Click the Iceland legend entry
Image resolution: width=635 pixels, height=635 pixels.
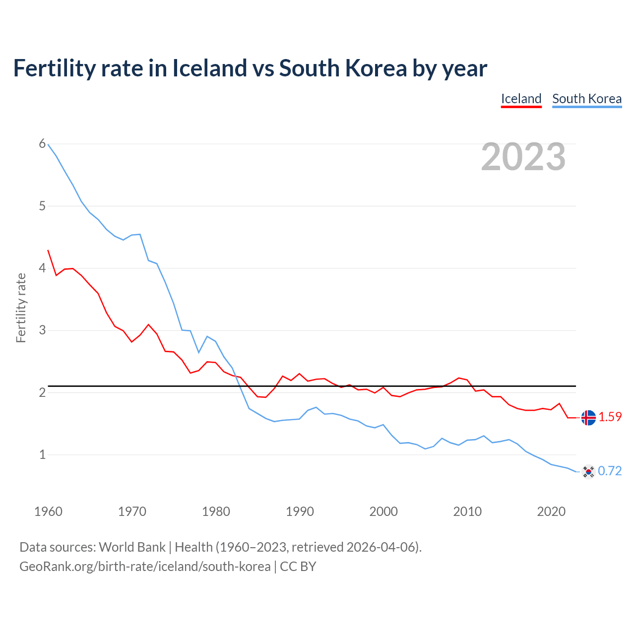[521, 99]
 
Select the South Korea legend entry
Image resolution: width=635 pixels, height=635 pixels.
[587, 99]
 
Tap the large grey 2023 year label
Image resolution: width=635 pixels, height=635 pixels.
[523, 157]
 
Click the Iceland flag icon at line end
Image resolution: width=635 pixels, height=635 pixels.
[588, 418]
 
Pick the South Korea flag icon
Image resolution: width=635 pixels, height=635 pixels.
[588, 471]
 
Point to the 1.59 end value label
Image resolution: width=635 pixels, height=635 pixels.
[610, 417]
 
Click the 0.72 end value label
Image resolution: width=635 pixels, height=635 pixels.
[610, 471]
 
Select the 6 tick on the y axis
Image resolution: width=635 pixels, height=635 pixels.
[42, 144]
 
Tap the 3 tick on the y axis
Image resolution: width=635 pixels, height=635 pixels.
[42, 330]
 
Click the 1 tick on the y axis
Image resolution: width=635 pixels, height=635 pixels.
[42, 454]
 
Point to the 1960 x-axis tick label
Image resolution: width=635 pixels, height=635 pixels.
[48, 511]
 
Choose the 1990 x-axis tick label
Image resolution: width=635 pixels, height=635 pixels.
[300, 511]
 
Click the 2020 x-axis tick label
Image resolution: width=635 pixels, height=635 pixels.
[551, 511]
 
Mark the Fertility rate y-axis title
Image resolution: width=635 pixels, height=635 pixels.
[21, 308]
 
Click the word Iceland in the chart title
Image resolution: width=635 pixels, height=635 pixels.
[209, 68]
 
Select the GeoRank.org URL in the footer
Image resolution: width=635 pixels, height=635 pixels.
[145, 567]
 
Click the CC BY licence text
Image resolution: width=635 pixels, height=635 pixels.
[298, 567]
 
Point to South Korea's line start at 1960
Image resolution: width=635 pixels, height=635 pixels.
[48, 144]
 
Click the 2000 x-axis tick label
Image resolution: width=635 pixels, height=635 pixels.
[383, 511]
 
